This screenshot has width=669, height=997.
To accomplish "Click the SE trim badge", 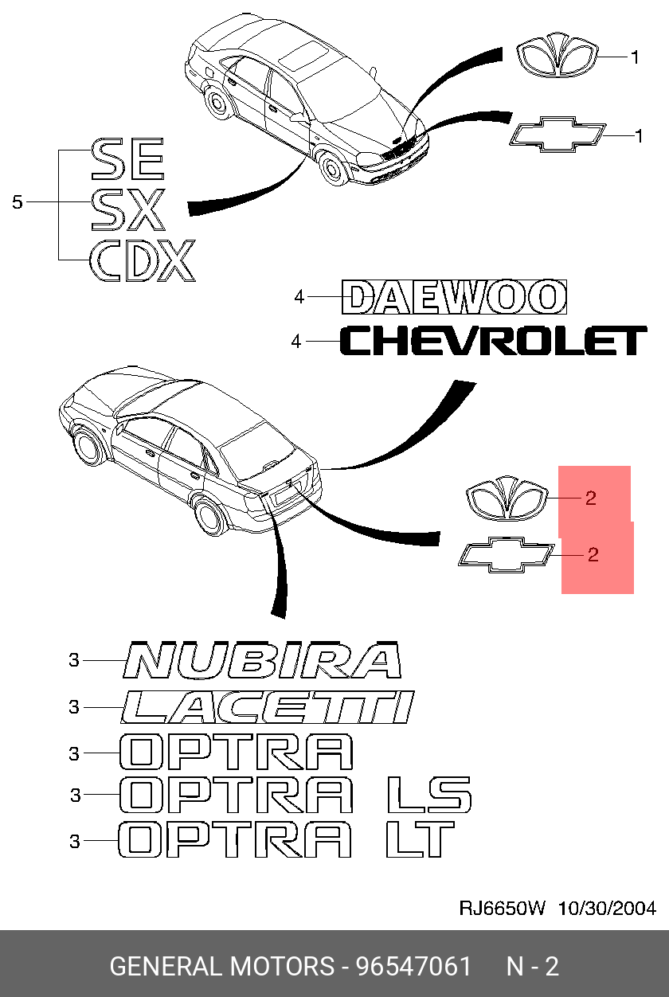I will pyautogui.click(x=127, y=158).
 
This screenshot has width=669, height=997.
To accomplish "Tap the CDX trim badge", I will pyautogui.click(x=142, y=260).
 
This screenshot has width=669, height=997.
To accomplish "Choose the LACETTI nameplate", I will pyautogui.click(x=268, y=707).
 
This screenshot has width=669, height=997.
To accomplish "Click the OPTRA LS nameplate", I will pyautogui.click(x=295, y=795).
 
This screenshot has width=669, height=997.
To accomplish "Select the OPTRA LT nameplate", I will pyautogui.click(x=287, y=839).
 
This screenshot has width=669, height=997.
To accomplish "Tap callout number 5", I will pyautogui.click(x=18, y=202).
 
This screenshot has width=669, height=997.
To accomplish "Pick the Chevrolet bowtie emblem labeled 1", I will pyautogui.click(x=557, y=135).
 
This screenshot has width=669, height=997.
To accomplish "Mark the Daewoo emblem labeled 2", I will pyautogui.click(x=507, y=499).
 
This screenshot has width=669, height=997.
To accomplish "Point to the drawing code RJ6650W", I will pyautogui.click(x=502, y=909).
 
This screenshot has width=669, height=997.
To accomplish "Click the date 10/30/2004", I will pyautogui.click(x=607, y=909).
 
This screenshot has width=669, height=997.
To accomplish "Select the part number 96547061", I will pyautogui.click(x=413, y=967).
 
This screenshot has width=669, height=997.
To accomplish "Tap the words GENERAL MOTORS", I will pyautogui.click(x=221, y=967).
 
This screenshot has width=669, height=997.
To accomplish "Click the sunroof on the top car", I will pyautogui.click(x=303, y=57).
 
